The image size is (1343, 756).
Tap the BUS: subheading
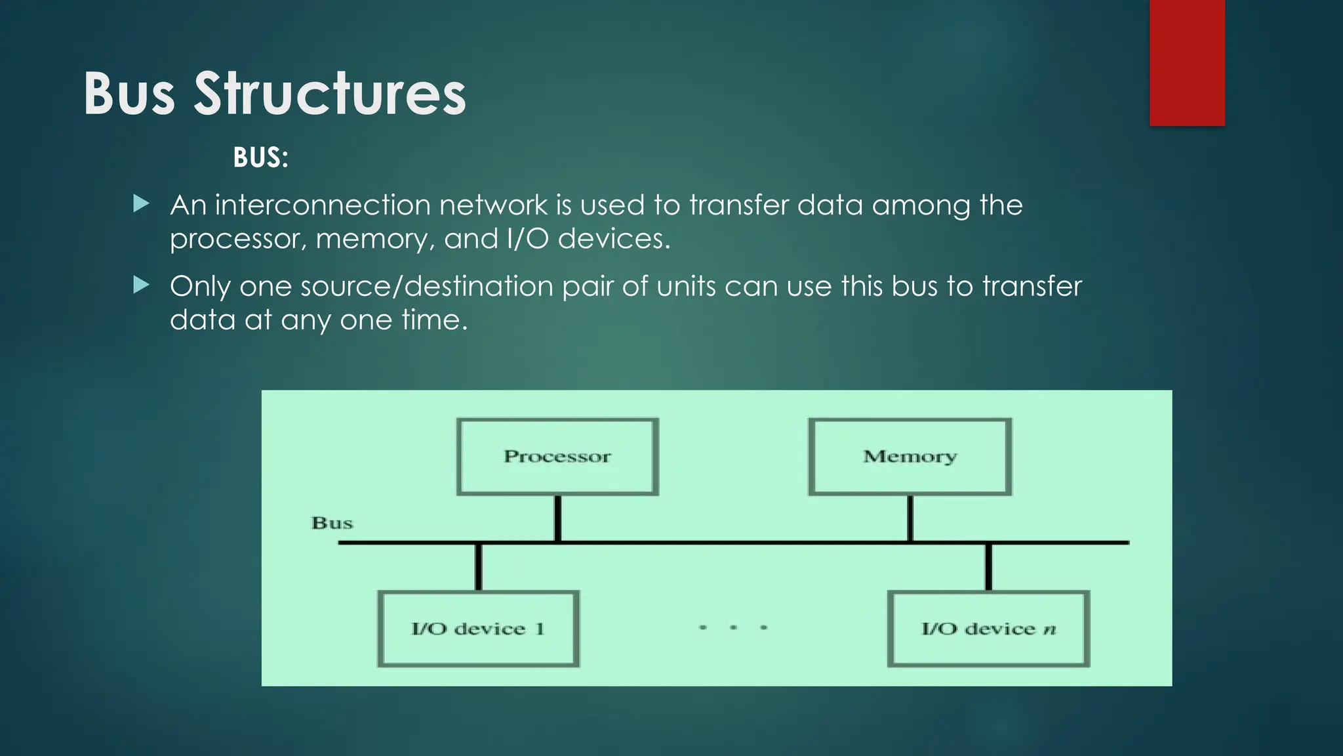[260, 157]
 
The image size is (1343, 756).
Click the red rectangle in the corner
[1187, 62]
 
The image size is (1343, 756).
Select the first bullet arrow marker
[141, 204]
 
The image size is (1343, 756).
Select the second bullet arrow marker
[141, 285]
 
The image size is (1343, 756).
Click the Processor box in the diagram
[557, 456]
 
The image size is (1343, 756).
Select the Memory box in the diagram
[910, 456]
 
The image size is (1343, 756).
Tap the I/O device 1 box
[478, 629]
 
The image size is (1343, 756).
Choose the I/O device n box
[988, 629]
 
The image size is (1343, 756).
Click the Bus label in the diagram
[332, 523]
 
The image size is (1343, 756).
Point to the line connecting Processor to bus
[557, 518]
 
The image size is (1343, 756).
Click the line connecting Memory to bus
[910, 518]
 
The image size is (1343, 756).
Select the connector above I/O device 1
[479, 567]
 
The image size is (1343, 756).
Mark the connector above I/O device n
[988, 567]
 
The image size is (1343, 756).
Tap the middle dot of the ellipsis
[733, 627]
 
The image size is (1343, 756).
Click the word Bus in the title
[129, 94]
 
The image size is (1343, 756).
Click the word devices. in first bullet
[614, 238]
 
